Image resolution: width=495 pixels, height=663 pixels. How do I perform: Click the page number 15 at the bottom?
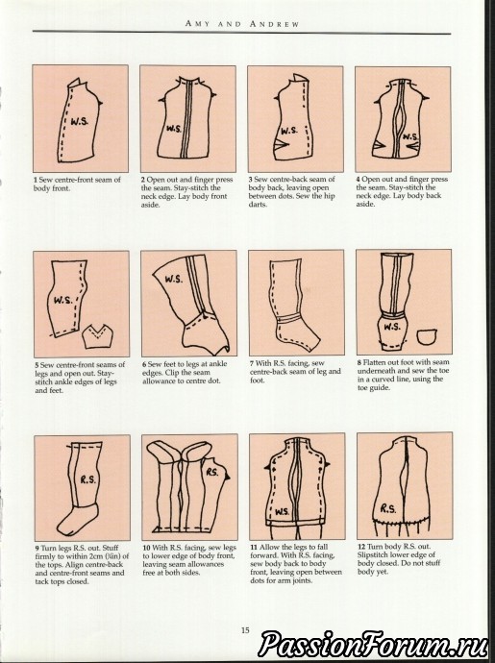click(x=245, y=630)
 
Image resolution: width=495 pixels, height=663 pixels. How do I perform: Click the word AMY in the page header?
click(x=197, y=24)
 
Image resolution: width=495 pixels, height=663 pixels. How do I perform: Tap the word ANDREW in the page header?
click(x=274, y=24)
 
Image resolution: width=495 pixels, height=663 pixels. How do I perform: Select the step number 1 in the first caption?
click(x=36, y=180)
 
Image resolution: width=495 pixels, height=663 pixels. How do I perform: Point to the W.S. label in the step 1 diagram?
click(x=79, y=122)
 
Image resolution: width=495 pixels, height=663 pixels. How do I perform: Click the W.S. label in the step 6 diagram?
click(x=174, y=279)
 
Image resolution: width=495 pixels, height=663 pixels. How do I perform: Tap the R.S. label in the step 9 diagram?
click(x=88, y=479)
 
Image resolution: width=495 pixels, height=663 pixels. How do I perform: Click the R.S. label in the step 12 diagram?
click(x=388, y=508)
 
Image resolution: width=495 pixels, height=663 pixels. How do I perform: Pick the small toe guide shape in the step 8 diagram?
click(x=426, y=336)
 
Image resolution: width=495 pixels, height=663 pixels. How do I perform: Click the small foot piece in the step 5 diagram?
click(x=98, y=336)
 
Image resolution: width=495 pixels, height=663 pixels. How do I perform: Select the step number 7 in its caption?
click(x=252, y=363)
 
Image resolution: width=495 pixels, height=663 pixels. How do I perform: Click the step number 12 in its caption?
click(x=360, y=547)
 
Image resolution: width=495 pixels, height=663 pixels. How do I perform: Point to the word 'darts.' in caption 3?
click(x=258, y=205)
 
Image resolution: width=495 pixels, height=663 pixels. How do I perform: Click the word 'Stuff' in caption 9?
click(x=111, y=548)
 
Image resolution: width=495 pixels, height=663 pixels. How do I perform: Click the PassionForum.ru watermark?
click(x=371, y=646)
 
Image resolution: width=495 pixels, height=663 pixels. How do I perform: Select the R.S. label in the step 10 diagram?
click(x=212, y=472)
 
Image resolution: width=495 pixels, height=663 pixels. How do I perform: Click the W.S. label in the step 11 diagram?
click(x=283, y=511)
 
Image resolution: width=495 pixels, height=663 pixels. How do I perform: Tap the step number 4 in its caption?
click(x=359, y=180)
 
